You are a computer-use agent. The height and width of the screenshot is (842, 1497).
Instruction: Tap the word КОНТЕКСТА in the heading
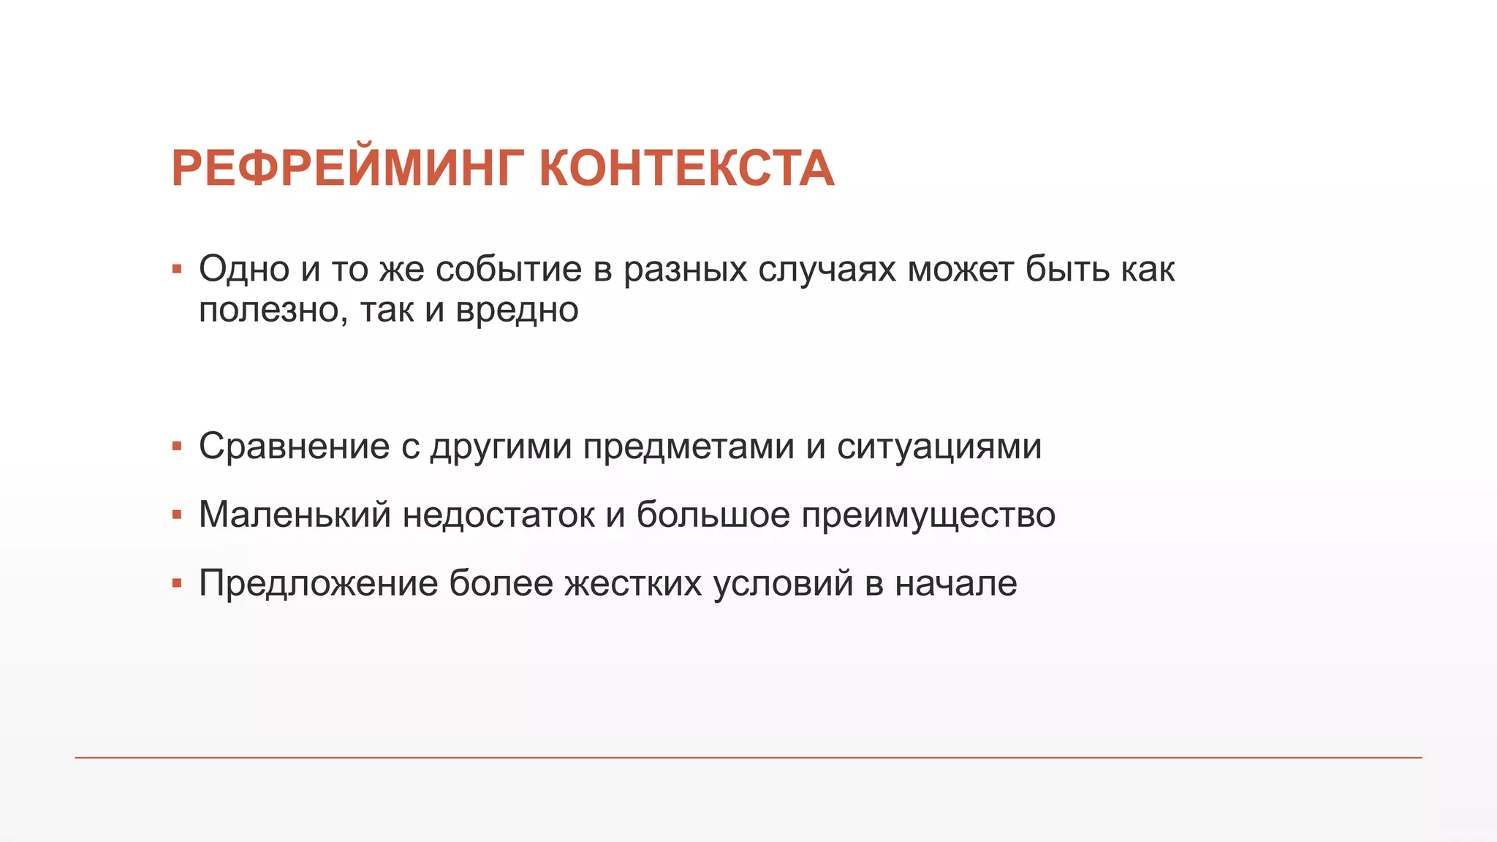[x=686, y=169]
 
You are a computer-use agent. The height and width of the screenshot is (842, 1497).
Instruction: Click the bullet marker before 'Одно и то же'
[x=177, y=270]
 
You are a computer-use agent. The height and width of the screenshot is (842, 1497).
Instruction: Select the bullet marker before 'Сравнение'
[x=177, y=447]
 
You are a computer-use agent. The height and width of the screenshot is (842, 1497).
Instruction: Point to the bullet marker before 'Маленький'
[x=177, y=515]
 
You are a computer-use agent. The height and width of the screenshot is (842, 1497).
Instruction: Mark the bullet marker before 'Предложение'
[x=177, y=583]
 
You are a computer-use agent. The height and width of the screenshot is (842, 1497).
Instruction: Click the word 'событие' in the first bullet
[x=508, y=269]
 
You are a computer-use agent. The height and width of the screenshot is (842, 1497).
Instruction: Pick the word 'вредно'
[x=517, y=310]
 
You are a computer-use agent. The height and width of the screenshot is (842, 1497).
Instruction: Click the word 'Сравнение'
[x=294, y=446]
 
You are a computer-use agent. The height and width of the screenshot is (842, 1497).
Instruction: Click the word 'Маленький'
[x=295, y=515]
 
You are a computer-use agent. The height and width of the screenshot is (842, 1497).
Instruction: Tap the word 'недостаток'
[x=499, y=515]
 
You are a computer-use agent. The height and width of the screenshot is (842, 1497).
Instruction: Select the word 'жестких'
[x=633, y=583]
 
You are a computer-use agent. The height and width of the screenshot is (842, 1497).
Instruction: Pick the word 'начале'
[x=956, y=583]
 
